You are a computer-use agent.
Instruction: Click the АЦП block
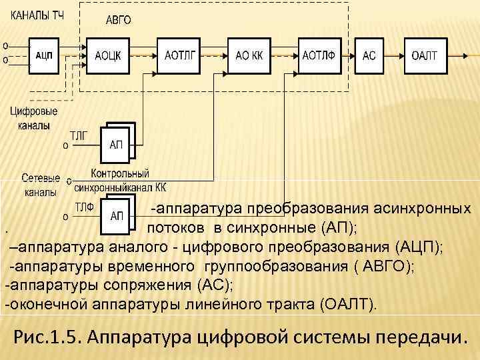[45, 55]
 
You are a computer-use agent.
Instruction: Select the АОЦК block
[109, 55]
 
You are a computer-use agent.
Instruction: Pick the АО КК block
[249, 55]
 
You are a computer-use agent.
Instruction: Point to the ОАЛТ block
[424, 55]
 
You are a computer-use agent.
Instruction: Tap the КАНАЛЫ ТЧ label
[37, 15]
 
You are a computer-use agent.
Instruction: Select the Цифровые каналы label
[33, 118]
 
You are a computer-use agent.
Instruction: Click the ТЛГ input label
[79, 134]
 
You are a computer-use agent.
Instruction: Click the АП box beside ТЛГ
[116, 145]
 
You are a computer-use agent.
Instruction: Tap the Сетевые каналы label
[41, 185]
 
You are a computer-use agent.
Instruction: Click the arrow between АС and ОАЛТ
[392, 55]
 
